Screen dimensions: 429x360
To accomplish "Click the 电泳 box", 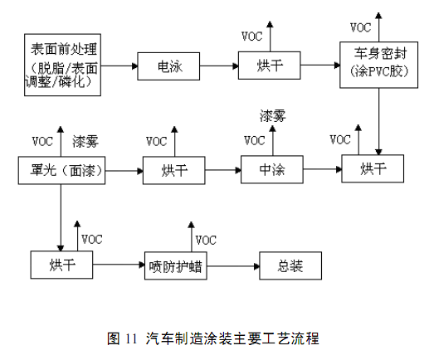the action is point(168,66).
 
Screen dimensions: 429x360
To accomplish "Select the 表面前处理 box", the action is point(62,65).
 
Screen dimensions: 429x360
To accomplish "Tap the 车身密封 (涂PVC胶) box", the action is point(378,65).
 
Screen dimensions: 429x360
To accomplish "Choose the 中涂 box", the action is point(272,169).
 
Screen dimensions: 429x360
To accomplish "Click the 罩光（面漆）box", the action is point(61,170).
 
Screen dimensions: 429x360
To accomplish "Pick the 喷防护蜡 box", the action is point(176,265).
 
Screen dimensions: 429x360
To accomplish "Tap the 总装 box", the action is point(290,265).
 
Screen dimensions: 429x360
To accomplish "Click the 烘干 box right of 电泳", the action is point(270,66).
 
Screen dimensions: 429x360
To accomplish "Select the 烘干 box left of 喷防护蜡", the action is point(61,265).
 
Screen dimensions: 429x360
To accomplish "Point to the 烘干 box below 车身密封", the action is point(373,168).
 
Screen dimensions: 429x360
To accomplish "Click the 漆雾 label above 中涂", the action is point(272,116).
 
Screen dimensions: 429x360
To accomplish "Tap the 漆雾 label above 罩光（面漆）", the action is point(85,142).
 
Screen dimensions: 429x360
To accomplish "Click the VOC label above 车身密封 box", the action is point(360,27).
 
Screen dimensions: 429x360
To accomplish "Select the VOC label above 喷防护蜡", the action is point(206,240).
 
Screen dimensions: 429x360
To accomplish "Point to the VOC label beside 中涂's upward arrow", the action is point(255,140).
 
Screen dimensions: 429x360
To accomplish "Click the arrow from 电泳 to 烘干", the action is point(219,66).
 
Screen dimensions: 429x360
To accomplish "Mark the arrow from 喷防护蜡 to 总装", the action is point(233,266).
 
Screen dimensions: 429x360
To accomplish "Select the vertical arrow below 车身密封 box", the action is point(378,122).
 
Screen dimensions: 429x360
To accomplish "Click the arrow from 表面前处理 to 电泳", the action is point(119,66).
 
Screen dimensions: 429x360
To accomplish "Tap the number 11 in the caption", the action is point(131,338).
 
